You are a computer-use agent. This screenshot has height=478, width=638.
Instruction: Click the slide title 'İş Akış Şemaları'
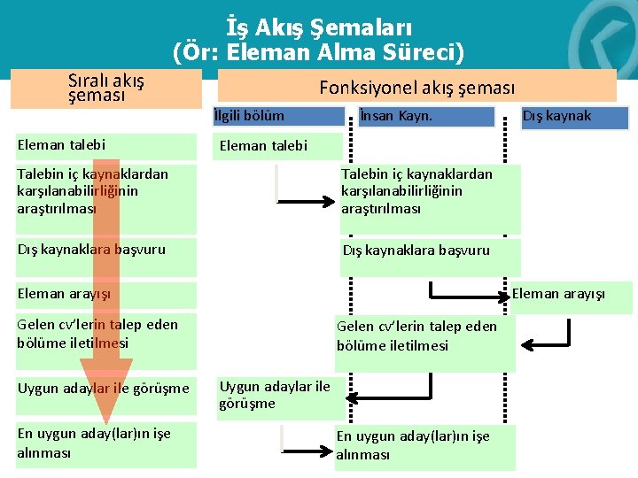[318, 28]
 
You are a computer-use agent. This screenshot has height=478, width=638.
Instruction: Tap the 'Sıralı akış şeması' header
[106, 88]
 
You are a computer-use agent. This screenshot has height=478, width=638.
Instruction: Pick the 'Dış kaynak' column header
[556, 116]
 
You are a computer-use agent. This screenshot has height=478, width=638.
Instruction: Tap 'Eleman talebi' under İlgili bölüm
[263, 146]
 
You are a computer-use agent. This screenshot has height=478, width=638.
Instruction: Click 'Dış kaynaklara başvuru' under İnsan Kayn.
[416, 251]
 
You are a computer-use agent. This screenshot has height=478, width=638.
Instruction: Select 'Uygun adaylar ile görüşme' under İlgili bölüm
[275, 395]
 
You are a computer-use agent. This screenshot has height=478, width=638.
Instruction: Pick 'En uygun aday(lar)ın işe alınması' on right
[413, 445]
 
